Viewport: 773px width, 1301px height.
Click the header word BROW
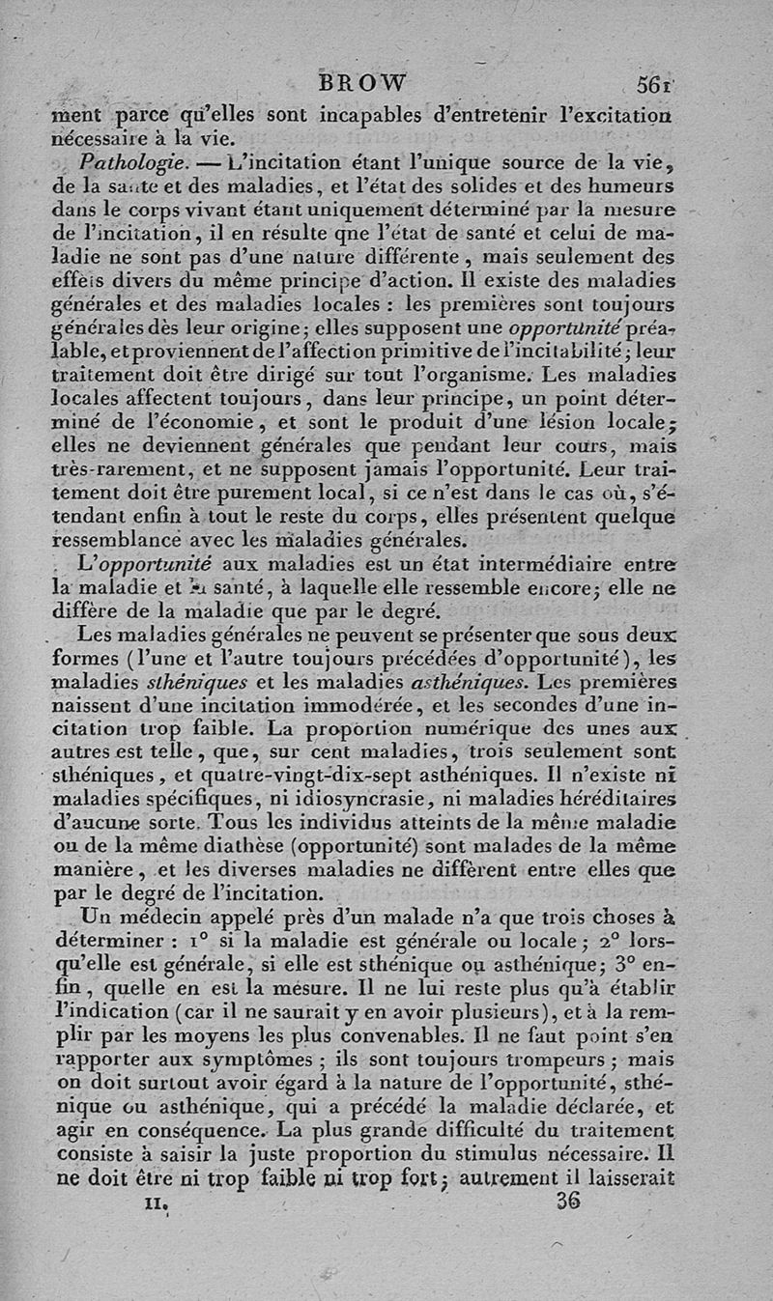click(367, 82)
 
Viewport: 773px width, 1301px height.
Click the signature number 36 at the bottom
click(569, 1202)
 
